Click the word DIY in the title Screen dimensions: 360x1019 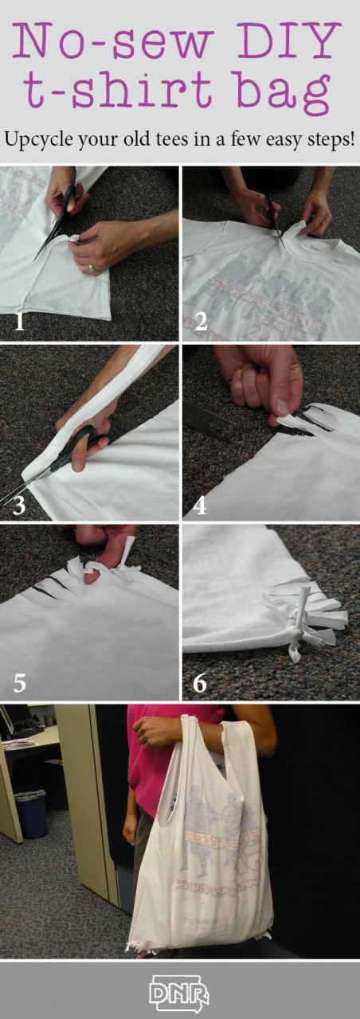point(292,41)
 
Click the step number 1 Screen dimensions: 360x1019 point(19,322)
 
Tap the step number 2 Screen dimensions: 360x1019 point(201,322)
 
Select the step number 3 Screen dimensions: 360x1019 point(18,505)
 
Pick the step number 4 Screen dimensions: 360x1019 point(199,505)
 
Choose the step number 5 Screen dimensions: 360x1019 point(19,683)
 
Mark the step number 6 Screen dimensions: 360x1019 point(200,683)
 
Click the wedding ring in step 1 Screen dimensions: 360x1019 point(93,268)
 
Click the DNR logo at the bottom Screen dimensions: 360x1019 point(179,994)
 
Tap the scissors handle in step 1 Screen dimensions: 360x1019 point(68,201)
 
